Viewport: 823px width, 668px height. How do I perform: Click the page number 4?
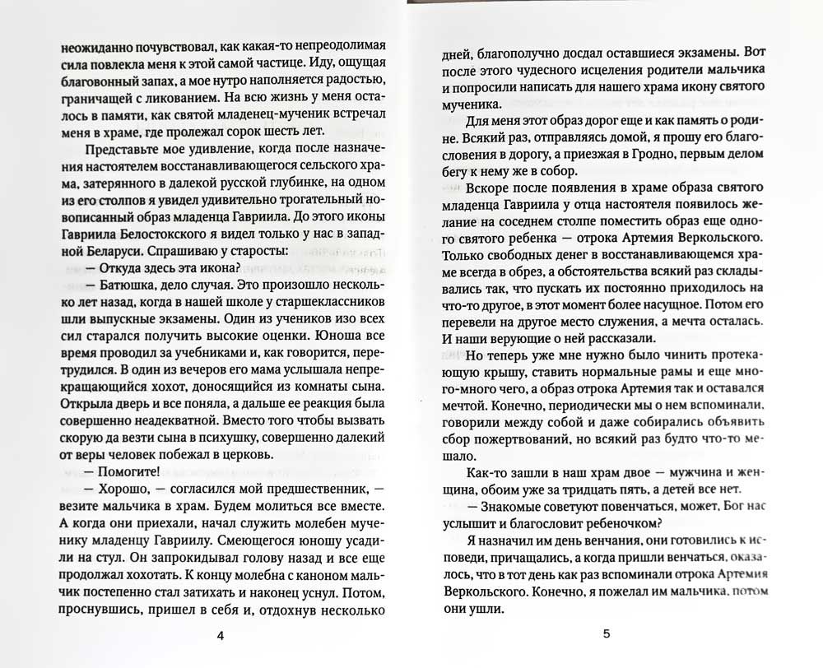pyautogui.click(x=219, y=634)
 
